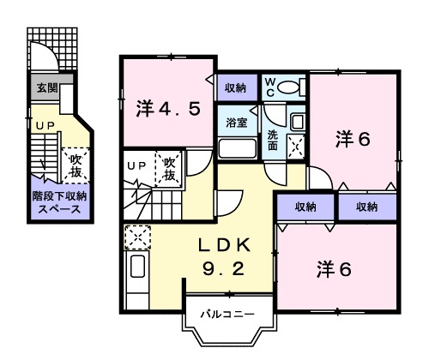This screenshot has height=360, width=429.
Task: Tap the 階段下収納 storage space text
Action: (x=60, y=201)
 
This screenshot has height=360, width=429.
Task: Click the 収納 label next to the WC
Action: (x=237, y=88)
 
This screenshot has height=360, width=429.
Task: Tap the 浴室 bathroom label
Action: (x=238, y=123)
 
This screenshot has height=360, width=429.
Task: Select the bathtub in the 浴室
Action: (x=238, y=147)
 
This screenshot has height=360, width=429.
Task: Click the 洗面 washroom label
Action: (x=272, y=140)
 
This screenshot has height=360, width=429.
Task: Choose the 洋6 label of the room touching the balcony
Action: (x=334, y=268)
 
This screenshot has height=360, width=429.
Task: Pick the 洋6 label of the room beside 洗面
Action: (x=353, y=137)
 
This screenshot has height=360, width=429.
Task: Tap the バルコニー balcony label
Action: (x=227, y=315)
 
